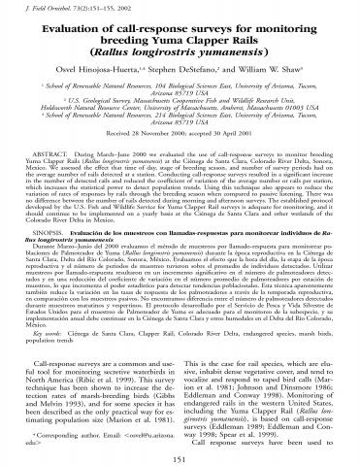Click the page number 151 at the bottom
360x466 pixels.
click(x=180, y=457)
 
